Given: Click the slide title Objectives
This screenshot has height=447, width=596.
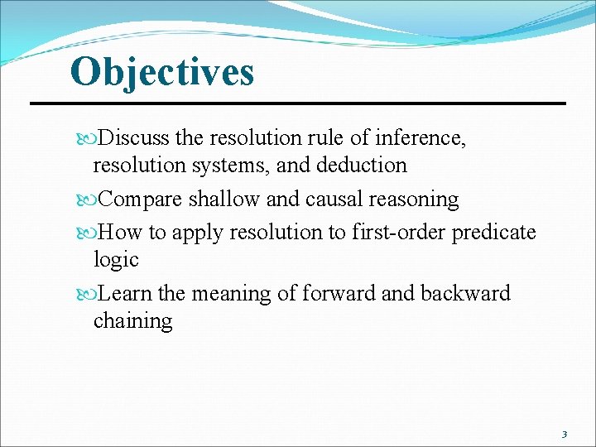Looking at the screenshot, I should [162, 71].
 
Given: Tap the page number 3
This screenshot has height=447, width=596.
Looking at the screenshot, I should [565, 434].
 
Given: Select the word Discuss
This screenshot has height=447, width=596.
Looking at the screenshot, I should [138, 138].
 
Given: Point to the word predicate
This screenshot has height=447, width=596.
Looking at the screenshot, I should [494, 233].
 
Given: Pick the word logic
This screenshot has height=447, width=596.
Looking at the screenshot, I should [116, 260].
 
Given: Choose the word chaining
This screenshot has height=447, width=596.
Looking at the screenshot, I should [132, 321].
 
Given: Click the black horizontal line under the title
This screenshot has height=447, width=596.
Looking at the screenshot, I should [298, 103].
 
